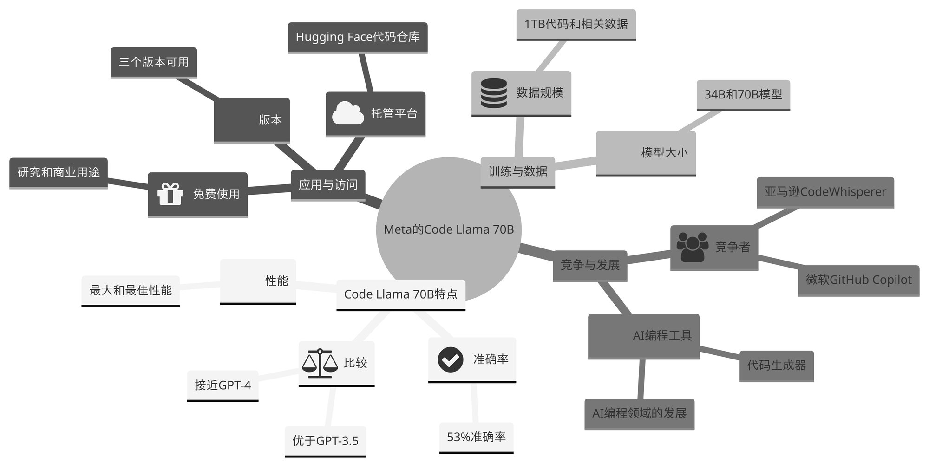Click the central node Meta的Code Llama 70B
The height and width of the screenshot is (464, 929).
[449, 229]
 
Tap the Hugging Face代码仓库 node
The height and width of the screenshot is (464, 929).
[358, 37]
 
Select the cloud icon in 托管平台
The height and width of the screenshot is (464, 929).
[348, 113]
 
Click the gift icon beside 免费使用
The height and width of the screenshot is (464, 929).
[170, 194]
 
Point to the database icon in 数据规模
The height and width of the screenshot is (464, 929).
[494, 93]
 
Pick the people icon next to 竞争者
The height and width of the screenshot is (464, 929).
[692, 247]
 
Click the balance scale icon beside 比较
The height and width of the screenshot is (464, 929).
[320, 363]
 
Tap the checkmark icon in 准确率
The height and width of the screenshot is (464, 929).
[450, 359]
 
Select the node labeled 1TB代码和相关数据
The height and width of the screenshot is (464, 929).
[576, 24]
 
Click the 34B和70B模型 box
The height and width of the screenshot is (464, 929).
[743, 95]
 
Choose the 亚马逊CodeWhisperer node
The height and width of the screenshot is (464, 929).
[825, 192]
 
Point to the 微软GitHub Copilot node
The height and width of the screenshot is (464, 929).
[859, 280]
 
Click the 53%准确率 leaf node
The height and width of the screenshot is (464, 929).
[476, 437]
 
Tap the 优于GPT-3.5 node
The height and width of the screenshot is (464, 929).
[325, 441]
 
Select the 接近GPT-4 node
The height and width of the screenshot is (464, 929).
[222, 385]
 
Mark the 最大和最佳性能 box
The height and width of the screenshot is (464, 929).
[131, 291]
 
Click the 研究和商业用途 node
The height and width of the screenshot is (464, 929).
[59, 173]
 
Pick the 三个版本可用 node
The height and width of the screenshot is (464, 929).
[154, 62]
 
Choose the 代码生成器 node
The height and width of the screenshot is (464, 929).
[777, 366]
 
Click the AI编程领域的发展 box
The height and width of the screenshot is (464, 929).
[639, 413]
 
